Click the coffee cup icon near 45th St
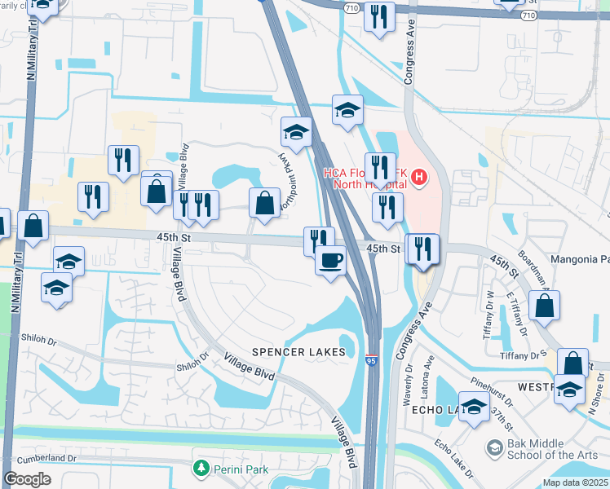tap(330, 261)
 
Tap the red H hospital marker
tap(419, 176)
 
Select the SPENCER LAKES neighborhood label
tap(298, 352)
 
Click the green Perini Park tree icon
tap(200, 469)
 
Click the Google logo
tap(27, 478)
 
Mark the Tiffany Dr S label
tap(526, 355)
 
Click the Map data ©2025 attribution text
tap(574, 482)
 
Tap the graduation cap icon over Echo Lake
tap(474, 407)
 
